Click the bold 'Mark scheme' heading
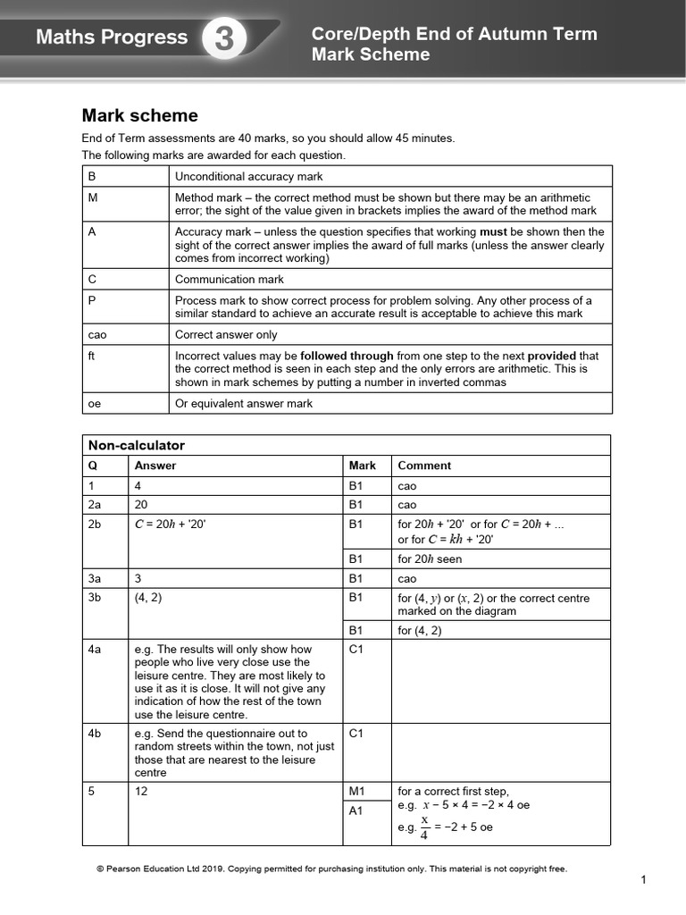point(140,115)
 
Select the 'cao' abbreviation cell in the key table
point(97,335)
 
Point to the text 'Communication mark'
point(230,280)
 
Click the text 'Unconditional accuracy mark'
point(249,177)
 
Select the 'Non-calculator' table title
point(136,445)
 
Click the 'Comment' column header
point(424,466)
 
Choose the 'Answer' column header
point(155,466)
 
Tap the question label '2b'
point(96,525)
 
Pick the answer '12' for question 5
point(141,791)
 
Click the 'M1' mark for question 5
point(357,791)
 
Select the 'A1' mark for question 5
point(357,811)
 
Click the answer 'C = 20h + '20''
point(171,525)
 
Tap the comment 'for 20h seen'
point(431,559)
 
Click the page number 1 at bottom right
point(642,881)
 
